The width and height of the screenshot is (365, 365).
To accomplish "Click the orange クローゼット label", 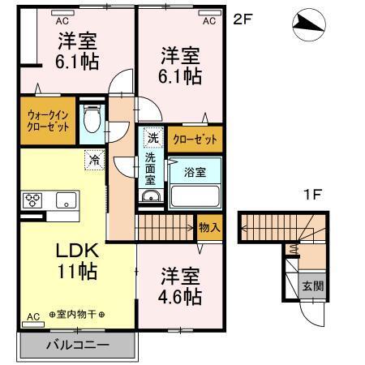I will pos(195,140).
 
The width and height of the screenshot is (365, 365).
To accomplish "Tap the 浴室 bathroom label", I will pos(194,172).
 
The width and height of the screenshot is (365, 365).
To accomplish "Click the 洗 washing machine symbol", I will pos(152,137).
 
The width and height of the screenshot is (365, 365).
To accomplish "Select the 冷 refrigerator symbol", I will pos(95,161).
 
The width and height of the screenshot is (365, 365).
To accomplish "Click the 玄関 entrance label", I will pos(313,286).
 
